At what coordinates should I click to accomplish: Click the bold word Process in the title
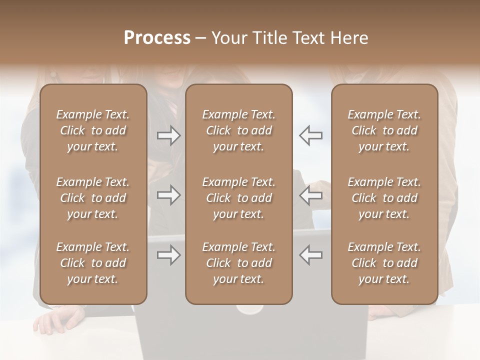click(x=157, y=38)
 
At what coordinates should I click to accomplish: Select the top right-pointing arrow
click(x=168, y=135)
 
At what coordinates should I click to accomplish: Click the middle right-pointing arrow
click(x=168, y=195)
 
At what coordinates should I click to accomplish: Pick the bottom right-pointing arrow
click(x=168, y=255)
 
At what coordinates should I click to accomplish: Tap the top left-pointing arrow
click(x=310, y=135)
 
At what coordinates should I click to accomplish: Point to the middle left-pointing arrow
click(x=310, y=195)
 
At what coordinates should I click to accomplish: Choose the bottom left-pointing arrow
click(x=310, y=255)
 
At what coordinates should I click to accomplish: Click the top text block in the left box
click(x=93, y=130)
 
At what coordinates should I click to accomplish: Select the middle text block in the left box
click(x=93, y=198)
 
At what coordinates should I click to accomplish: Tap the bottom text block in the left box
click(x=93, y=263)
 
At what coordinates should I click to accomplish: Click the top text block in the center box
click(x=238, y=130)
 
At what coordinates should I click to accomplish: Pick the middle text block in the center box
click(x=238, y=198)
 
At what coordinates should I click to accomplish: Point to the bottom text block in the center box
click(x=238, y=263)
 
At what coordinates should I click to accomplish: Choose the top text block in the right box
click(x=384, y=130)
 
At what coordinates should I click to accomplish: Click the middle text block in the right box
click(x=384, y=198)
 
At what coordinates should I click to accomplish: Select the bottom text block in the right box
click(x=384, y=263)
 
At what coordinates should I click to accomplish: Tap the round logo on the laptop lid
click(x=249, y=309)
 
